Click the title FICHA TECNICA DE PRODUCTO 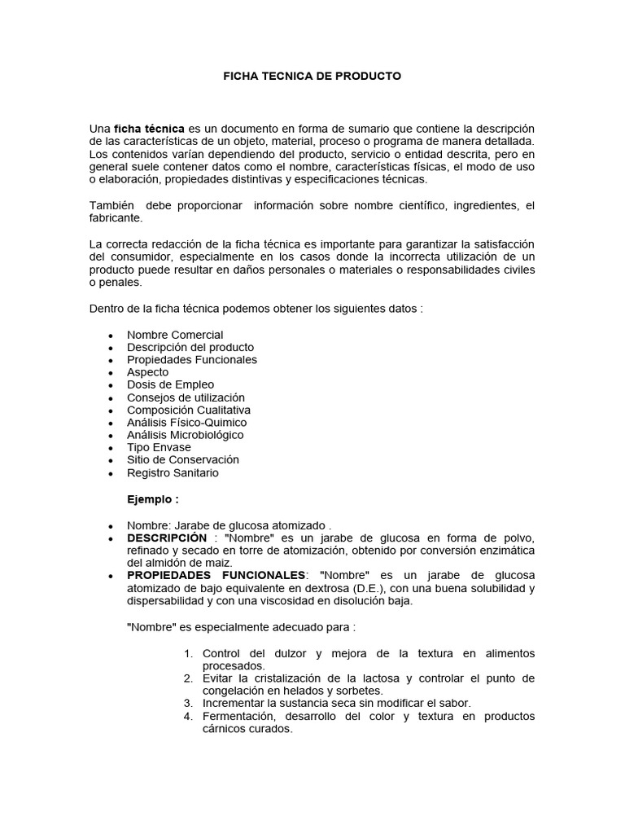[x=312, y=76]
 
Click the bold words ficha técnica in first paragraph [x=149, y=129]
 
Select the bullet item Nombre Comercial [x=175, y=335]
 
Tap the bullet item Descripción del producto [x=190, y=347]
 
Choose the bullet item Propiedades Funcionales [x=192, y=359]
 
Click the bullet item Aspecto [x=148, y=372]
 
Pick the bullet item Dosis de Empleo [x=171, y=384]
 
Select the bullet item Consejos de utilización [x=186, y=397]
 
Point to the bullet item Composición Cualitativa [x=189, y=410]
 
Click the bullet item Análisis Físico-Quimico [x=187, y=423]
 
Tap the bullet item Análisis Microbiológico [x=186, y=435]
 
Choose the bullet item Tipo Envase [x=160, y=447]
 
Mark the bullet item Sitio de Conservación [x=183, y=459]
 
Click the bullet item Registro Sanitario [x=173, y=472]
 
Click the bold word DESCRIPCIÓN [x=167, y=538]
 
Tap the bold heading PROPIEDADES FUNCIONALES [x=216, y=576]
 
